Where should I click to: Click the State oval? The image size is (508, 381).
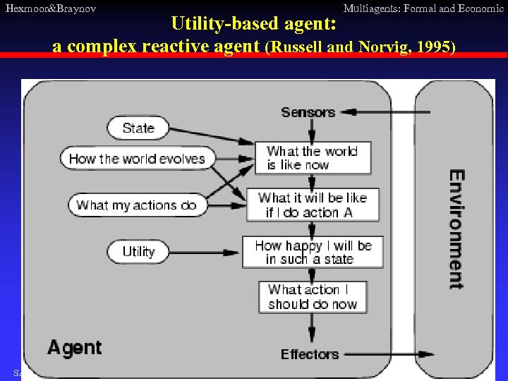point(138,128)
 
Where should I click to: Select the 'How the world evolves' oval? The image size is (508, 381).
point(136,158)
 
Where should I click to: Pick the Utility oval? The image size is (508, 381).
point(138,252)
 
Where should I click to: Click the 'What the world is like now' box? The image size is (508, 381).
point(317,158)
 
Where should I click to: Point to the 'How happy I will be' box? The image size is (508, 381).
point(313,253)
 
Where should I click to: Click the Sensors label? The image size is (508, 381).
point(308,112)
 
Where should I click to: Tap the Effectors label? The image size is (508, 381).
point(310,354)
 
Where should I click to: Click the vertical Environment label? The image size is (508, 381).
point(456,229)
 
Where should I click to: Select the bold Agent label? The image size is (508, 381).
point(74,347)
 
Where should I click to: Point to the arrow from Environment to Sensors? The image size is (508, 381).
point(381,112)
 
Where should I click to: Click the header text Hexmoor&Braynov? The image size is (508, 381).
point(50,8)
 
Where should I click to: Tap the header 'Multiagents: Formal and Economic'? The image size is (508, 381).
point(423,8)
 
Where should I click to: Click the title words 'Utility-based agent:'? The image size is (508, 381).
point(255,24)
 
